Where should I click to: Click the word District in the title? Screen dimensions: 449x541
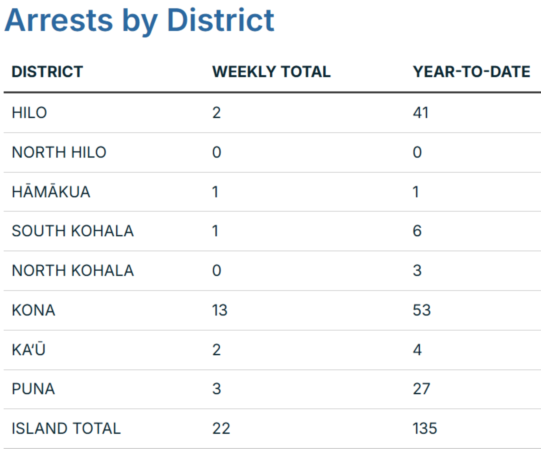pyautogui.click(x=220, y=20)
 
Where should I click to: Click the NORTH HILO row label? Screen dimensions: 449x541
pyautogui.click(x=59, y=152)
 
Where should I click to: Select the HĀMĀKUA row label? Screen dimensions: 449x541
pyautogui.click(x=51, y=192)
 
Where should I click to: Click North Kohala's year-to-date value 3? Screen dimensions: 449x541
pyautogui.click(x=417, y=270)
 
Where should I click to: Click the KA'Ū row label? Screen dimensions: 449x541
pyautogui.click(x=29, y=350)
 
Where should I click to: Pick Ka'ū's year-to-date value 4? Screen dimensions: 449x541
pyautogui.click(x=417, y=350)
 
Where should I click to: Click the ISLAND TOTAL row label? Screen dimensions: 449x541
pyautogui.click(x=66, y=428)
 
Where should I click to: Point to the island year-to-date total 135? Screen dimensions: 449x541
pyautogui.click(x=425, y=428)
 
